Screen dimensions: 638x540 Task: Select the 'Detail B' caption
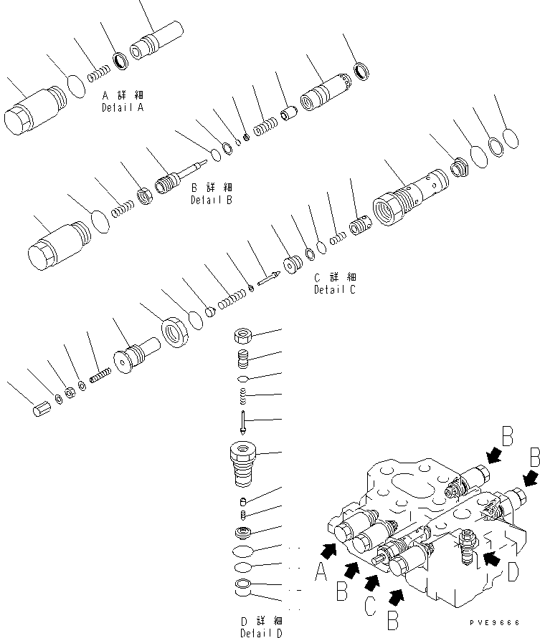tap(211, 200)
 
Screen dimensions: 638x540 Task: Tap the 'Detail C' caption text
tap(333, 290)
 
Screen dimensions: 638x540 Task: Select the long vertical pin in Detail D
tap(244, 422)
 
